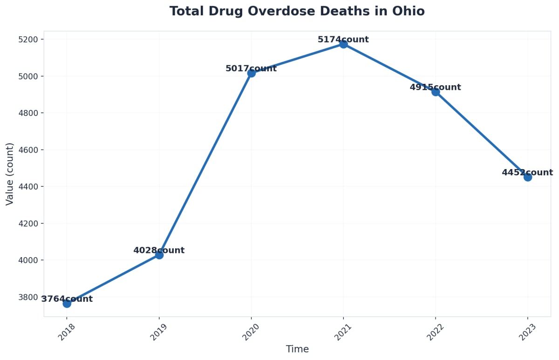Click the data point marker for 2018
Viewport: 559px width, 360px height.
67,304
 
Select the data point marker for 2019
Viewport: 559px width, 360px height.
159,255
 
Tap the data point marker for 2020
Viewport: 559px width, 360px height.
251,73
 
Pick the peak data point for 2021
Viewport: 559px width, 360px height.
343,44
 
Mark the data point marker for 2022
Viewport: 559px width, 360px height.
436,92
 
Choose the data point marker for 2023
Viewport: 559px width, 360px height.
527,177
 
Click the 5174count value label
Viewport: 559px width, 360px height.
343,40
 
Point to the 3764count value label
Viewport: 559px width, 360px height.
67,299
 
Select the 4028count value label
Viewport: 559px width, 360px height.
159,251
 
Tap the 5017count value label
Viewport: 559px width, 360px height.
251,68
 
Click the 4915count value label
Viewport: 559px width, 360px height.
436,87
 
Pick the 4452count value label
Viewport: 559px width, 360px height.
527,172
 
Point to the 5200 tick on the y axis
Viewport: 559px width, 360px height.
28,39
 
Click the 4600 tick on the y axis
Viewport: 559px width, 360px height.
28,150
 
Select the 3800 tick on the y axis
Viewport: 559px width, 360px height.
28,297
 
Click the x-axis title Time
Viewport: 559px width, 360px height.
297,349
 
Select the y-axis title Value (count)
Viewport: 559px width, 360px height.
10,174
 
